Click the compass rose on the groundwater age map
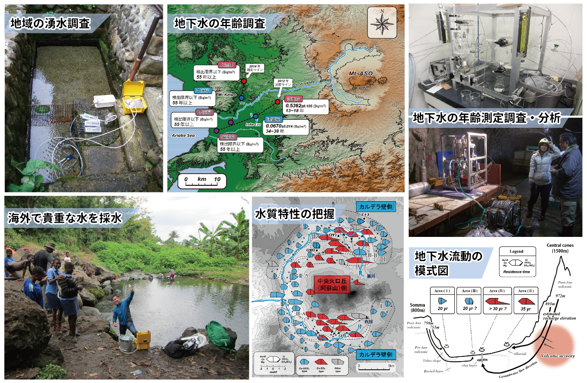pos(382,23)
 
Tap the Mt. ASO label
pos(360,73)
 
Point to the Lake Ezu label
pos(253,124)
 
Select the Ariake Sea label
pos(183,135)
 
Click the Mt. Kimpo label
pos(226,95)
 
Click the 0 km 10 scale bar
pos(202,180)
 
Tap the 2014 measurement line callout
pos(254,68)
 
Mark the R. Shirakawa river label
pos(305,83)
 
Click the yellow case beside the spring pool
pos(134,97)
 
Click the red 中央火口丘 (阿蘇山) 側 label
pos(332,285)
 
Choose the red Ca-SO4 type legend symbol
pos(321,362)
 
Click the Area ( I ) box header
pos(442,291)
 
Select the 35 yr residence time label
pos(525,309)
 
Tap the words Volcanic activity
pos(558,356)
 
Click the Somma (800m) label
pos(417,307)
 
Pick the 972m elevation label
pos(560,296)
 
